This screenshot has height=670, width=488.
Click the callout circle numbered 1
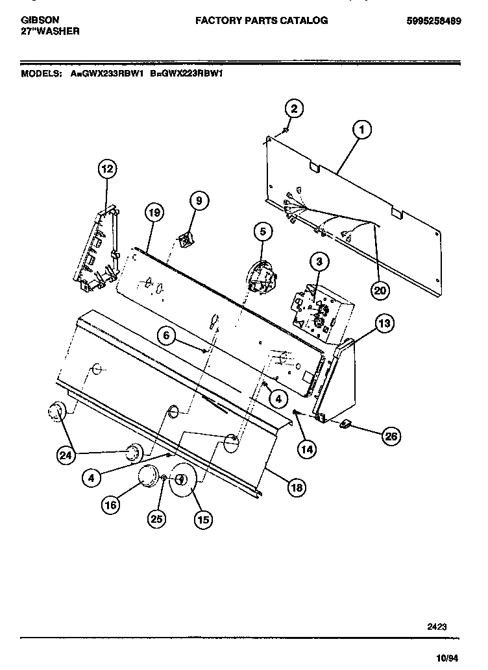pyautogui.click(x=361, y=130)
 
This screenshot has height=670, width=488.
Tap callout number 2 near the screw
pyautogui.click(x=294, y=109)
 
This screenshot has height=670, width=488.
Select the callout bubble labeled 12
pyautogui.click(x=107, y=169)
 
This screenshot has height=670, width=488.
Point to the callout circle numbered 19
pyautogui.click(x=154, y=212)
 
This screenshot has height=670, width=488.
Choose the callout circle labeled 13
pyautogui.click(x=384, y=323)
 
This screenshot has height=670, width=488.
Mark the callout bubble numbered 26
pyautogui.click(x=389, y=437)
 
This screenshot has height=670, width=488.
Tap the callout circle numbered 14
pyautogui.click(x=307, y=448)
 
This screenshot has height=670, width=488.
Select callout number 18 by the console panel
pyautogui.click(x=296, y=488)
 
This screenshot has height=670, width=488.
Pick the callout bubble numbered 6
pyautogui.click(x=166, y=335)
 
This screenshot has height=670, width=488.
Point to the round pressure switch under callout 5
pyautogui.click(x=262, y=276)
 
